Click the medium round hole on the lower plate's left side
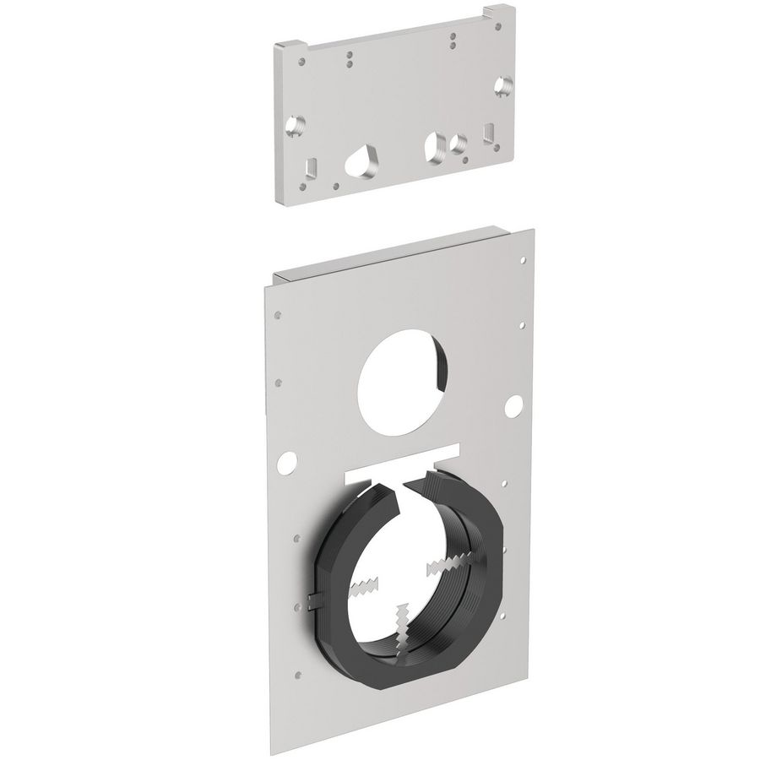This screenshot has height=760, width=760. [289, 460]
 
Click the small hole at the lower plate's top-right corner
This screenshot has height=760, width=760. [524, 261]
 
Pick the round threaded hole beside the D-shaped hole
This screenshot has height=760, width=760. [458, 144]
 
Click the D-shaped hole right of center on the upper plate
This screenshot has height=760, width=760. [436, 144]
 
